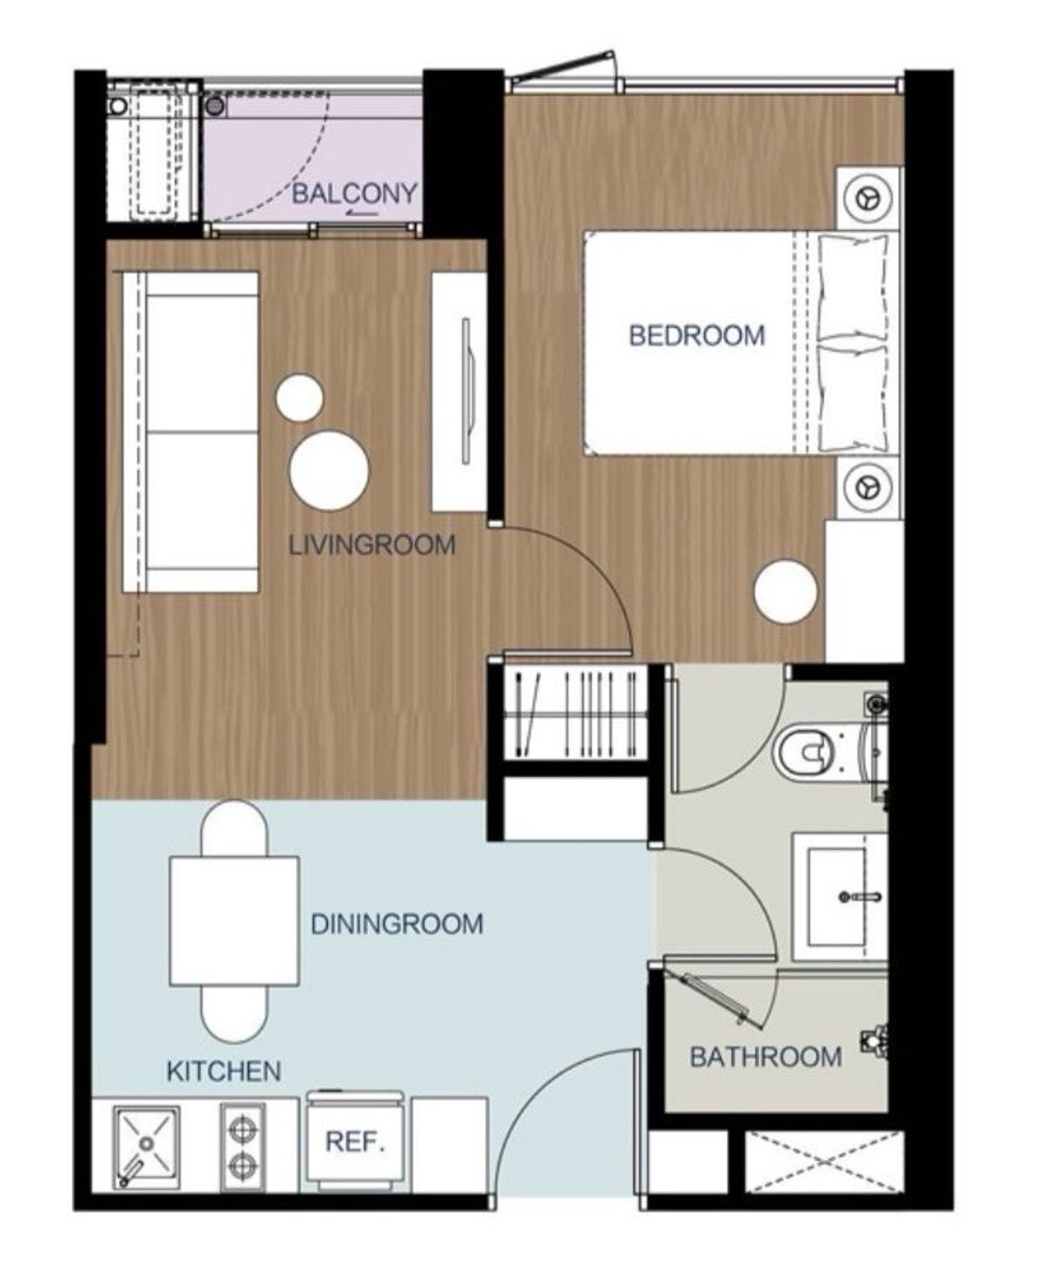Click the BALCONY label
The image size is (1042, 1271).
point(354,194)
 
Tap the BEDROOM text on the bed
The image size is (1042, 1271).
point(696,335)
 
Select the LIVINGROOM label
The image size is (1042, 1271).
point(372,545)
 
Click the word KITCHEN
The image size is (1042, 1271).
point(223,1071)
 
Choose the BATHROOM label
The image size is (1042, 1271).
point(765,1057)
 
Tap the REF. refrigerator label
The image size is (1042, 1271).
point(355,1141)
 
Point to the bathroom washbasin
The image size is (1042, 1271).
point(838,897)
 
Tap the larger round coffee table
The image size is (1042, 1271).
point(329,471)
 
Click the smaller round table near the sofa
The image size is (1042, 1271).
point(300,398)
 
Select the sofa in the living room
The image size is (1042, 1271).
point(191,431)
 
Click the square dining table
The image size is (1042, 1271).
point(234,920)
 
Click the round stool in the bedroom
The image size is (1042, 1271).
point(786,591)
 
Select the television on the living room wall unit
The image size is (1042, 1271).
point(466,392)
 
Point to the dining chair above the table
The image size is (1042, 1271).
point(234,827)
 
